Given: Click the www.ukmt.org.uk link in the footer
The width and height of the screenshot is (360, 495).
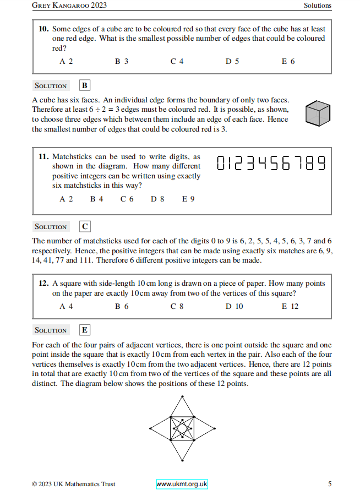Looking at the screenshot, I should tap(182, 485).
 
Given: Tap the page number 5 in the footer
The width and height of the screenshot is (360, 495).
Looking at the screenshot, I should tap(330, 485).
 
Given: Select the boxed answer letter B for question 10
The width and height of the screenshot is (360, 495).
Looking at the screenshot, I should tap(84, 86).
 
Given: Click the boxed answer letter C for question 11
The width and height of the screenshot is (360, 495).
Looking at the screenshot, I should tap(84, 226).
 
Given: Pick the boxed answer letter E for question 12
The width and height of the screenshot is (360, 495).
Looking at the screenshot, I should tap(84, 330).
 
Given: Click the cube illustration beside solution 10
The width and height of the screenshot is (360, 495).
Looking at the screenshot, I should tap(318, 113).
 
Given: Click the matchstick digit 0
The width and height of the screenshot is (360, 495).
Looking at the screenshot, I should tap(221, 164).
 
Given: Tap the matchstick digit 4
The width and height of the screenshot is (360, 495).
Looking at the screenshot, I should tap(264, 164).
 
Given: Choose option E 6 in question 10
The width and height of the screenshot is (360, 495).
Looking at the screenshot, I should tap(288, 62).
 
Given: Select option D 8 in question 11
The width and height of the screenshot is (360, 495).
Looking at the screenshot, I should tap(157, 199).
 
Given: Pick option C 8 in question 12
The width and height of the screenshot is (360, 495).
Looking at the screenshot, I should tap(177, 307).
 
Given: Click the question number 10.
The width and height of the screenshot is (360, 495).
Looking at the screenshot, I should tap(44, 29).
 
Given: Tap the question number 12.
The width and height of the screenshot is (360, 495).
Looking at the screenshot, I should tap(44, 284).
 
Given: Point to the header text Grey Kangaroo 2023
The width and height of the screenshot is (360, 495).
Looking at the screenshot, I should tap(69, 6).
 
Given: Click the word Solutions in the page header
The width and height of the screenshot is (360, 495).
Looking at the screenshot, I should tap(318, 6).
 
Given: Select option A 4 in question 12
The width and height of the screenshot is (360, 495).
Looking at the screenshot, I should tap(66, 307).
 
